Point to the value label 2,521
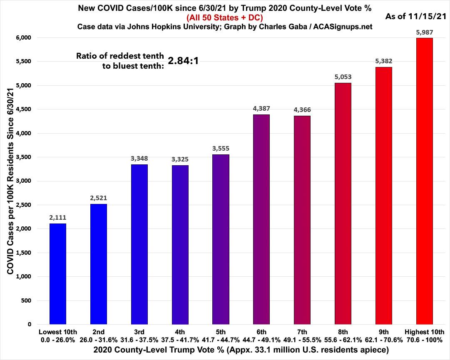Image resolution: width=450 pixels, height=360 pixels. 98,198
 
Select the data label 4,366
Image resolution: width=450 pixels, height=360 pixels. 302,109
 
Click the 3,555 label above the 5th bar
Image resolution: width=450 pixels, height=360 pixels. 221,148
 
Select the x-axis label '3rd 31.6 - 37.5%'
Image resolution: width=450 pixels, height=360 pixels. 139,335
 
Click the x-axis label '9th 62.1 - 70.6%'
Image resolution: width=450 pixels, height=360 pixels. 384,335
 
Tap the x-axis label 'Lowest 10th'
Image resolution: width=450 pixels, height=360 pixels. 57,332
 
